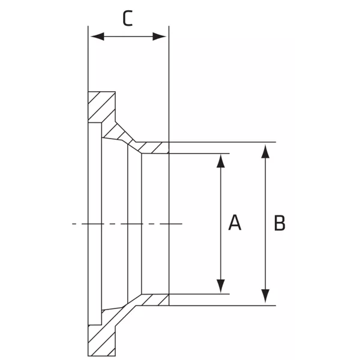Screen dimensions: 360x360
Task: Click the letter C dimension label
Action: click(128, 18)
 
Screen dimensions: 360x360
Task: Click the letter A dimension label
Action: click(235, 223)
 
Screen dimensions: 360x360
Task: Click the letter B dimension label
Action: click(280, 223)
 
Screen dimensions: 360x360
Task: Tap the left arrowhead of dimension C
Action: click(97, 36)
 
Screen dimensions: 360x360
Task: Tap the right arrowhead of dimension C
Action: click(160, 36)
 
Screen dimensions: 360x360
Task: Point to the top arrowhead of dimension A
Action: click(221, 161)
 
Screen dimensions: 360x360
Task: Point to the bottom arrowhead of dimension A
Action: click(221, 286)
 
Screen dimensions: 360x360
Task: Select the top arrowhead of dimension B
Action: click(265, 151)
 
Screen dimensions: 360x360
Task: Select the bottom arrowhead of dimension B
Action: click(265, 296)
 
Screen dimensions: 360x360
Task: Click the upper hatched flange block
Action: click(101, 107)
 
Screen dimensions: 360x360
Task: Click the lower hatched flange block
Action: click(101, 340)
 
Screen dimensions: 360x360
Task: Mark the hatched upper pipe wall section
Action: click(152, 148)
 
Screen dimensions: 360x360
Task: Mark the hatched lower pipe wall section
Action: click(152, 300)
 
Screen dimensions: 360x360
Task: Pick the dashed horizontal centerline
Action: click(127, 223)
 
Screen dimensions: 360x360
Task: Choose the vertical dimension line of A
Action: click(221, 224)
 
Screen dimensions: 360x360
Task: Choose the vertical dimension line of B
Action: click(265, 224)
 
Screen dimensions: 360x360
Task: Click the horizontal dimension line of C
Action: click(128, 36)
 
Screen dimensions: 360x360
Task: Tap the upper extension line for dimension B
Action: click(222, 142)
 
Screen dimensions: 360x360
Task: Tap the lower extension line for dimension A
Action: click(199, 294)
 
